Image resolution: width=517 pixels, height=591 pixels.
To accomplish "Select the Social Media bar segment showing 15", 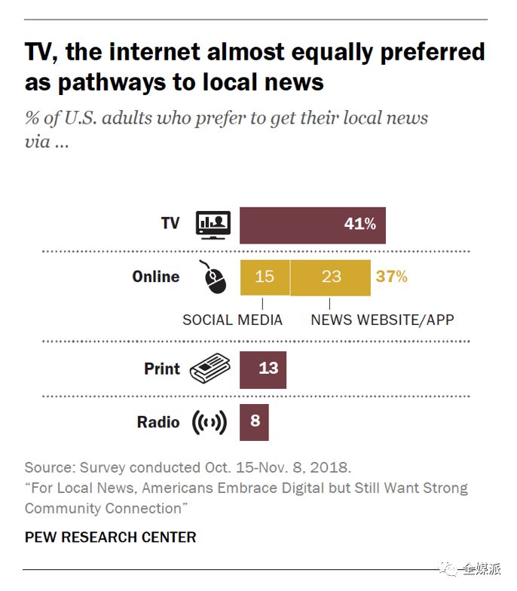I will point(265,277).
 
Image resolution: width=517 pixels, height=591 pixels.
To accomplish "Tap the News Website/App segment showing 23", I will point(331,277).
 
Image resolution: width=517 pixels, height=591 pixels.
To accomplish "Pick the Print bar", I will point(263,369).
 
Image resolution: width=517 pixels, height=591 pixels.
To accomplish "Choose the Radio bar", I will point(254,421).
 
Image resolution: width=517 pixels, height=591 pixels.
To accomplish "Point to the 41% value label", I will point(359,224).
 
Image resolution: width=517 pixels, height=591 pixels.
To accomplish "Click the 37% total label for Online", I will point(391,277).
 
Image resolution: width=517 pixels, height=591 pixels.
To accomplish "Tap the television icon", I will point(213,224).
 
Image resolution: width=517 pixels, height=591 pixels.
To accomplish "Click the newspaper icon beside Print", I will point(210,369).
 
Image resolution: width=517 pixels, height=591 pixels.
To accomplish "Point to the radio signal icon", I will point(210,422).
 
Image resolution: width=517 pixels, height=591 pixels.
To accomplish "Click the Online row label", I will point(156,277).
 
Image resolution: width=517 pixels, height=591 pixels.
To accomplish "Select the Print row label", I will point(162,369).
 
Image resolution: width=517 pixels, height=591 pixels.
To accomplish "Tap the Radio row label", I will point(158,422).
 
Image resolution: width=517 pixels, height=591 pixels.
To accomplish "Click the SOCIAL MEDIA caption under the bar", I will point(232,320).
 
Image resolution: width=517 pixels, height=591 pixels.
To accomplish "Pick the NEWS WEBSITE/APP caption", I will point(383,320).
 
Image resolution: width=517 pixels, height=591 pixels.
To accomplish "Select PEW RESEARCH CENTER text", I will point(110,537).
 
